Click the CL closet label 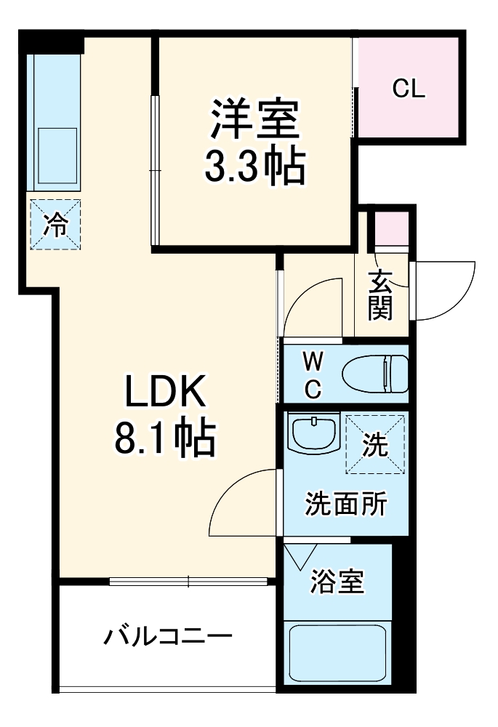pos(409,89)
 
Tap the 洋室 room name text pos(255,120)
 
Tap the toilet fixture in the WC pos(375,372)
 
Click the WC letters pos(312,375)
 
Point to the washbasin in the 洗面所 pos(313,434)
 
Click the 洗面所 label pos(345,503)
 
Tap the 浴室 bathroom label pos(337,581)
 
